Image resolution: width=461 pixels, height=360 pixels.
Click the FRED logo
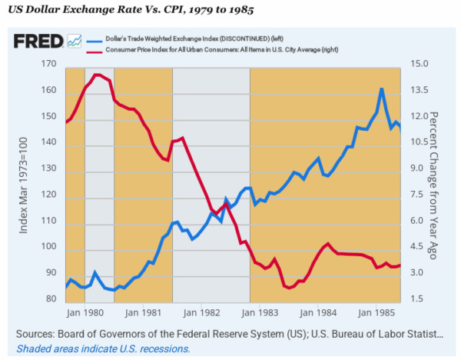38,42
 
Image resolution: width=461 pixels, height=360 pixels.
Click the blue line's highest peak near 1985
381,88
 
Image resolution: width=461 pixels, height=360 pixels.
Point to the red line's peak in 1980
96,75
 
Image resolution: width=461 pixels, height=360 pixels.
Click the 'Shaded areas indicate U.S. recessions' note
103,348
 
